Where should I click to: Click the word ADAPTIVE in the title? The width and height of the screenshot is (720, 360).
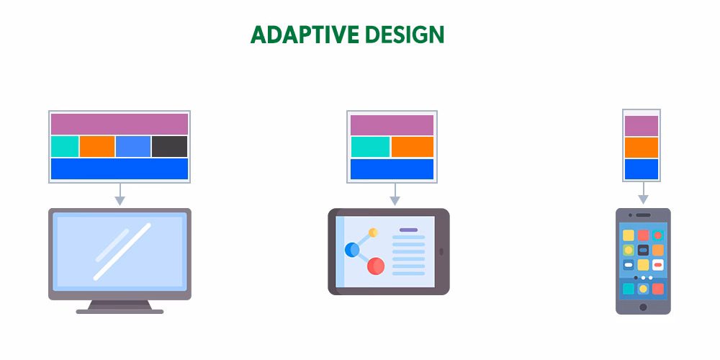click(x=305, y=35)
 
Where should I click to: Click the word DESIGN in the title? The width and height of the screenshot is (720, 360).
click(x=406, y=35)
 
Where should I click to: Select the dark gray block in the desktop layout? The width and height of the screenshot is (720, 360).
click(x=169, y=146)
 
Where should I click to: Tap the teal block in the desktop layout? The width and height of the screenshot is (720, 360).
click(x=65, y=146)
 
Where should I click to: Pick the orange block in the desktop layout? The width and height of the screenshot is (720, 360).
click(x=97, y=146)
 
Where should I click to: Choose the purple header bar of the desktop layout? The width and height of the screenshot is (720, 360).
click(x=120, y=124)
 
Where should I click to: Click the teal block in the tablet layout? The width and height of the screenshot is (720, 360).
click(x=370, y=147)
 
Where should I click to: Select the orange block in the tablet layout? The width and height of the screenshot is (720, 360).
click(x=413, y=147)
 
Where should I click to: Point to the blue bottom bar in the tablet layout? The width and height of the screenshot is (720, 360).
click(x=392, y=169)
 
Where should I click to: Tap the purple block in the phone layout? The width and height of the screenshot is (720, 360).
click(x=642, y=126)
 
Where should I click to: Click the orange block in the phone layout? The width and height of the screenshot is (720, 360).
click(x=642, y=148)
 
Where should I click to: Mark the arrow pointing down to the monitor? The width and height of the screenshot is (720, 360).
click(x=120, y=194)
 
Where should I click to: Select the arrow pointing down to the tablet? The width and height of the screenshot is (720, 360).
click(x=395, y=194)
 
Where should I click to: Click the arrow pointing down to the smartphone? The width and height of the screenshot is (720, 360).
click(x=643, y=193)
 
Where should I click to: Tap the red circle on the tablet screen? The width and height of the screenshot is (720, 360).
click(x=376, y=266)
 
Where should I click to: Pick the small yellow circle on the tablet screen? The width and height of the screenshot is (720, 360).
click(x=373, y=233)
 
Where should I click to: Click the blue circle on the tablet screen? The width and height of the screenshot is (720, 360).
click(x=352, y=250)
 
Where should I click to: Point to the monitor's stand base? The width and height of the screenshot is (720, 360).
click(x=120, y=312)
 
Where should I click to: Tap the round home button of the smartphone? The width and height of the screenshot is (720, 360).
click(x=643, y=307)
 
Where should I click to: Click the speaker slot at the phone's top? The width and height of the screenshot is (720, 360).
click(x=643, y=215)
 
